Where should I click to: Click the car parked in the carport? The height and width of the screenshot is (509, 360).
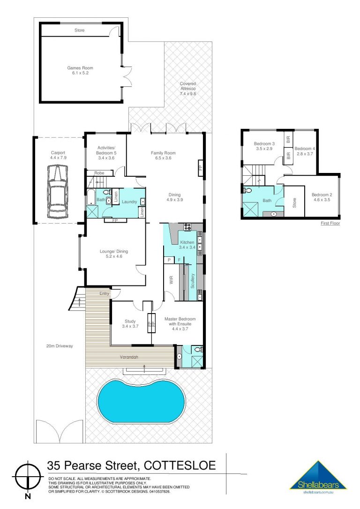[58, 192]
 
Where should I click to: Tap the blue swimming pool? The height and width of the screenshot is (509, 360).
[142, 399]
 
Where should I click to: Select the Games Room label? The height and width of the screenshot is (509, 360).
[80, 70]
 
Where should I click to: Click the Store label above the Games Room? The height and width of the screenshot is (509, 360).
[80, 30]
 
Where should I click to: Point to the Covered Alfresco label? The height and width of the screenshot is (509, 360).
[188, 89]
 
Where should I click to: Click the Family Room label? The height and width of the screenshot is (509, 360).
[163, 155]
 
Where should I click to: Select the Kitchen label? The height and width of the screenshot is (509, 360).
[187, 245]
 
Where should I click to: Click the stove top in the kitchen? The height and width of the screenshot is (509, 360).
[187, 227]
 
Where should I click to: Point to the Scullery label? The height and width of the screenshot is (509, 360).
[193, 281]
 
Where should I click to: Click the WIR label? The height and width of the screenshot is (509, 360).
[171, 280]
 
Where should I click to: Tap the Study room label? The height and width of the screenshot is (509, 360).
[130, 324]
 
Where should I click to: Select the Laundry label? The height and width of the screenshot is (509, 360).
[129, 202]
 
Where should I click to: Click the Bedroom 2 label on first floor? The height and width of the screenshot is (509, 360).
[322, 197]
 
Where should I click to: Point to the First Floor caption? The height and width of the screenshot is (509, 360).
[330, 224]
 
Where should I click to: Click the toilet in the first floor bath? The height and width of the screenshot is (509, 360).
[247, 190]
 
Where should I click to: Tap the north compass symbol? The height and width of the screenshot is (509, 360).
[28, 476]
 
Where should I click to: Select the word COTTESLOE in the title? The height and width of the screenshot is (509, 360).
[180, 465]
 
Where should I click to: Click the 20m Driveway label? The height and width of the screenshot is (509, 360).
[60, 346]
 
